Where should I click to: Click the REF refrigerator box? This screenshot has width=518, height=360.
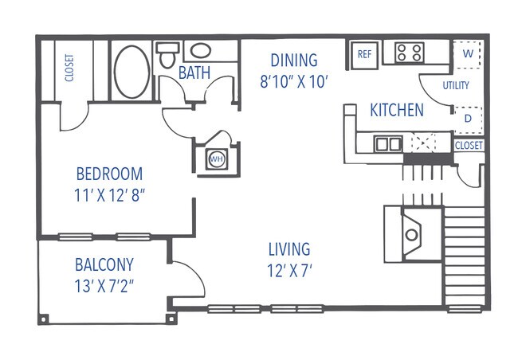tap(364, 54)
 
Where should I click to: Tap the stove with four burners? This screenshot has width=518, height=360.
tap(409, 53)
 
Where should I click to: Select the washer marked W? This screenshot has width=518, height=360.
tap(467, 54)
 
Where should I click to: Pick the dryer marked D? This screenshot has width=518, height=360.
tap(467, 118)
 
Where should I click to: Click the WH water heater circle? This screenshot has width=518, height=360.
tap(215, 159)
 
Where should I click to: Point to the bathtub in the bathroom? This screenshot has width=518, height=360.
tap(130, 72)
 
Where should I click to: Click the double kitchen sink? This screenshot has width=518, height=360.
tap(389, 144)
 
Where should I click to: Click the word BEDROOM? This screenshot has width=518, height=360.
tap(109, 174)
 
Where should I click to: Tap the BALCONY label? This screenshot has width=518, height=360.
tap(104, 264)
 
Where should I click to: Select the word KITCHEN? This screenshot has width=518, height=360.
tap(396, 110)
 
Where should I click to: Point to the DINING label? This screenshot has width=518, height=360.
tap(293, 61)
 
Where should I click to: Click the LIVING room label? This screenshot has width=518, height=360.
tap(289, 249)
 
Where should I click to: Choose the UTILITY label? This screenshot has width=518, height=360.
tap(455, 85)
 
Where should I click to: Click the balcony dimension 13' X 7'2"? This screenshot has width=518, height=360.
tap(104, 285)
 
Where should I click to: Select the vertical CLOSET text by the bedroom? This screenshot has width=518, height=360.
tap(69, 68)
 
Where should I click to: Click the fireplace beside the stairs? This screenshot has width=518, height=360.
tap(411, 233)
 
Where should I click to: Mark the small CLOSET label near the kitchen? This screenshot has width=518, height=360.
tap(468, 146)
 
